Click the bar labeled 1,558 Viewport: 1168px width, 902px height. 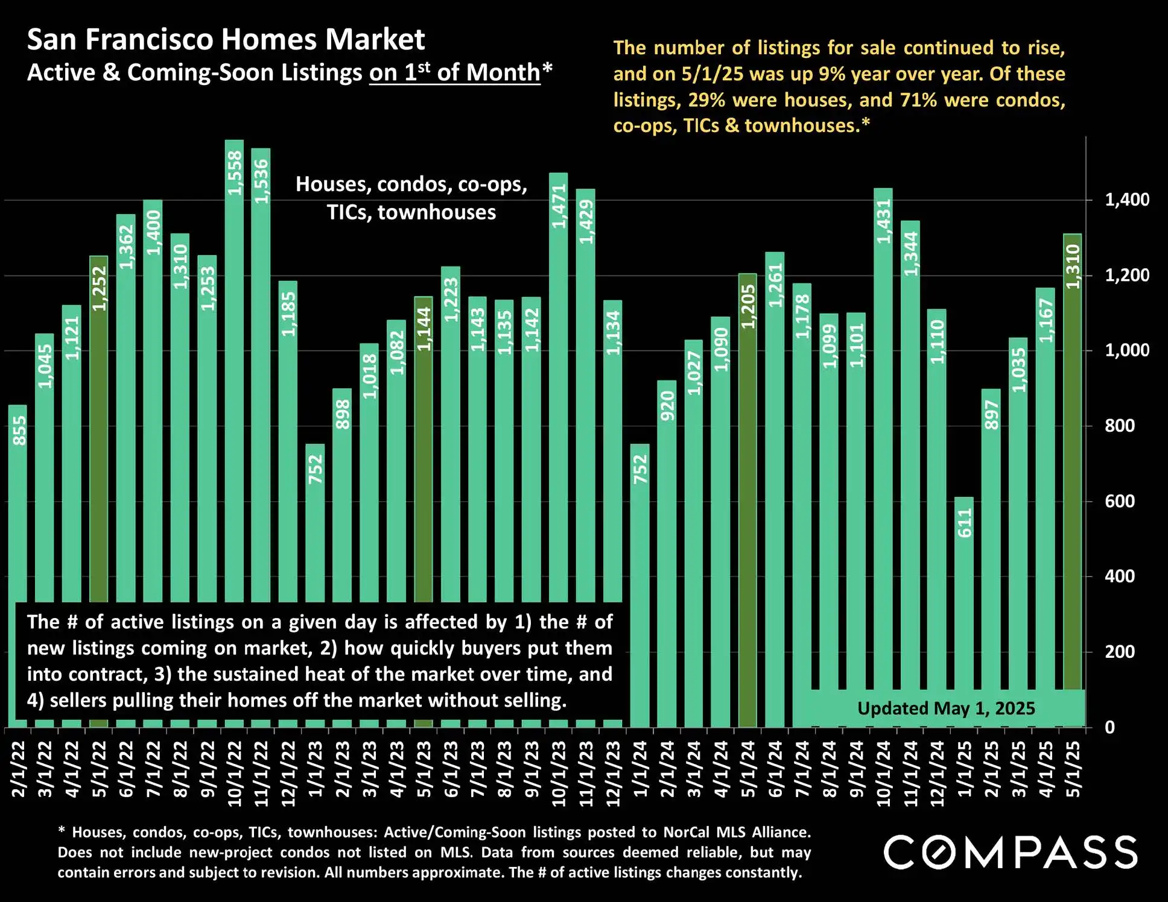234,362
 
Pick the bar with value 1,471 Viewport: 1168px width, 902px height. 558,386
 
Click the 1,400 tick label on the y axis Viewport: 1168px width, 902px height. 1126,200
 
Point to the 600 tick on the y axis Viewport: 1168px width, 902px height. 1119,501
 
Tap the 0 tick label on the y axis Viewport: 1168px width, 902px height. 1109,727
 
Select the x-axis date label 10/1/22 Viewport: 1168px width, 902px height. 234,774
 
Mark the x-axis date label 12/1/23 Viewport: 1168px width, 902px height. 613,774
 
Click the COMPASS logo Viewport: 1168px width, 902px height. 1011,852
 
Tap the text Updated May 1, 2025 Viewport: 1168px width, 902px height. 946,708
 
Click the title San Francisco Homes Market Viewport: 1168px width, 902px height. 226,40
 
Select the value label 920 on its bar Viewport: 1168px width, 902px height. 667,406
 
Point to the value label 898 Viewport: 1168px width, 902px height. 342,414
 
